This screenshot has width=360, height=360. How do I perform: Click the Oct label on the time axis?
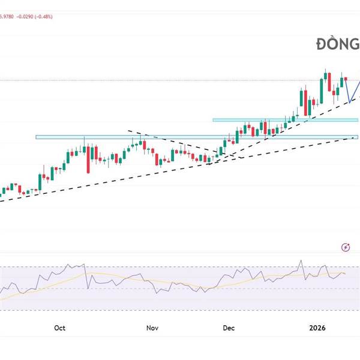point(59,328)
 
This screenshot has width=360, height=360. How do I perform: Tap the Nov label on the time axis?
point(152,328)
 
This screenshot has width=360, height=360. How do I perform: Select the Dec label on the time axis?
point(228,328)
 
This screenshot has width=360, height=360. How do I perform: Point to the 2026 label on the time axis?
point(317,328)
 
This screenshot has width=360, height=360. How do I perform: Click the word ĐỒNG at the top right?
point(338,44)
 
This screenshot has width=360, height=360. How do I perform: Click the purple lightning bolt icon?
point(346,247)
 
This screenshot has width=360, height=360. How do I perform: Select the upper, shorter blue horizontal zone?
point(285,120)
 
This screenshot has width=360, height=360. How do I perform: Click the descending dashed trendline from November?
point(174,142)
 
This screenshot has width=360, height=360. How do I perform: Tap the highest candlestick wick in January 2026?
point(325,70)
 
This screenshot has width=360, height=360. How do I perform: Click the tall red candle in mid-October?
point(89,157)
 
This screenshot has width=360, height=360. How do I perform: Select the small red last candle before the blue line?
point(346,79)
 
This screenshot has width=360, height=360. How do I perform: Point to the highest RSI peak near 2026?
point(300,262)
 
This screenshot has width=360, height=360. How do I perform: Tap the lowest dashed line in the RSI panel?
point(180,311)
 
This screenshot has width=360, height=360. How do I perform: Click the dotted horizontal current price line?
point(180,80)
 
